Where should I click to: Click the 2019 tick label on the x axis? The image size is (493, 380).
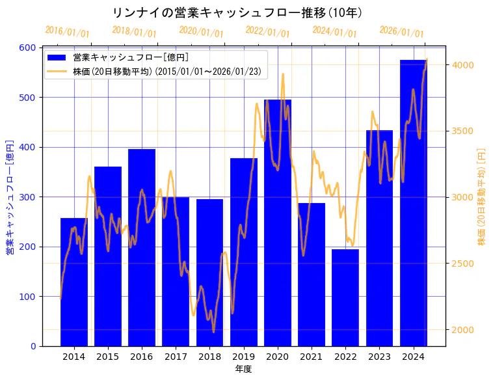coord(243,356)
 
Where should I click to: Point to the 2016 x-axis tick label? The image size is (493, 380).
coord(142,356)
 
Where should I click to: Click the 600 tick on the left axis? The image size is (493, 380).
coord(28,47)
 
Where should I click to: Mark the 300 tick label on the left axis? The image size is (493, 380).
coord(28,197)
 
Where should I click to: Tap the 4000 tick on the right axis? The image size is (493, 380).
coord(463,65)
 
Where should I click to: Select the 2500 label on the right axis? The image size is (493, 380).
coord(463,264)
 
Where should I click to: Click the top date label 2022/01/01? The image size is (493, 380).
coord(267,31)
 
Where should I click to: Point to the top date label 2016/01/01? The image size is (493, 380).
coord(67,31)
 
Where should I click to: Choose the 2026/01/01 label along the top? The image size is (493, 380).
coord(401,31)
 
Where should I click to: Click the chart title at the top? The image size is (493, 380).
coord(237,13)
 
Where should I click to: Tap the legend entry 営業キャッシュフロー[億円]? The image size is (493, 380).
coord(131,58)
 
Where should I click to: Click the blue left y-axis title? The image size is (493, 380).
coord(10,197)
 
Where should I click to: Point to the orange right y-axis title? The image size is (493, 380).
coord(482,197)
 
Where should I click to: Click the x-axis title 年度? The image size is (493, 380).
coord(243,369)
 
